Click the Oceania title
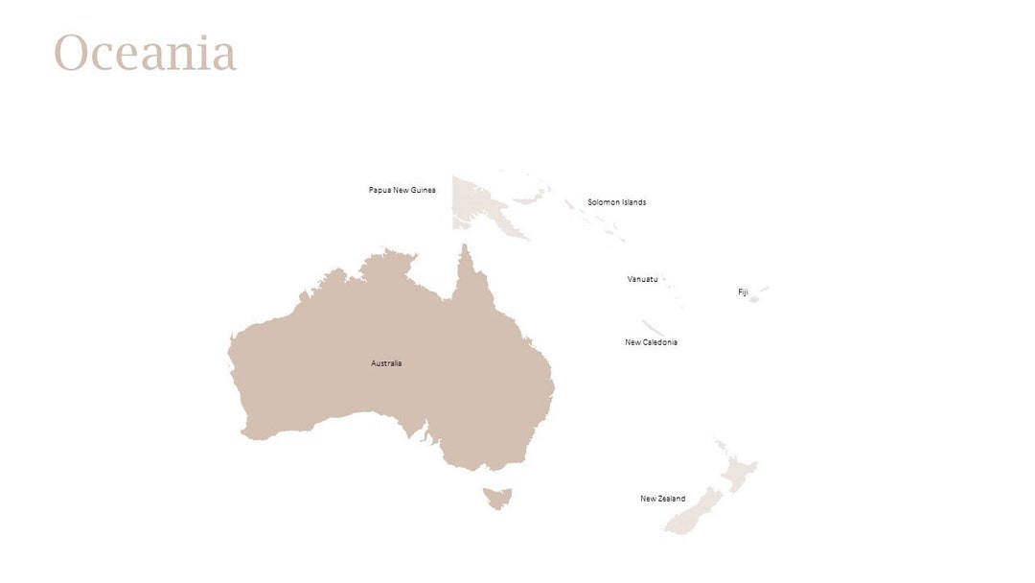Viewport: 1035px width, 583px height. coord(145,53)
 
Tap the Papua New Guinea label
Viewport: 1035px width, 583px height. coord(402,190)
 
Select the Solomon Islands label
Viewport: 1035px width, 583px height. coord(616,202)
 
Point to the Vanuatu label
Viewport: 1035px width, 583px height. coord(642,279)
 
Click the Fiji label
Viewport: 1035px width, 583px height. coord(742,291)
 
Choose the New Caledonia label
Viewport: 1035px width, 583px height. coord(651,342)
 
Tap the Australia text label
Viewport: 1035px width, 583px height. coord(386,363)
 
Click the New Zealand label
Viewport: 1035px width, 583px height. coord(662,499)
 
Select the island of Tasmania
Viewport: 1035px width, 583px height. coord(498,498)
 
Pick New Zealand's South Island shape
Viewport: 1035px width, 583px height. coord(692,512)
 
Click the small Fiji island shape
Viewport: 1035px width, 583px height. coord(753,299)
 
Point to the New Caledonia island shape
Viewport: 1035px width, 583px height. coord(653,327)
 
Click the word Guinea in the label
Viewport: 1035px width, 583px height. coord(423,190)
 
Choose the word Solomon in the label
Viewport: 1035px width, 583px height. coord(604,202)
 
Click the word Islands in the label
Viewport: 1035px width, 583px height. coord(633,202)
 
